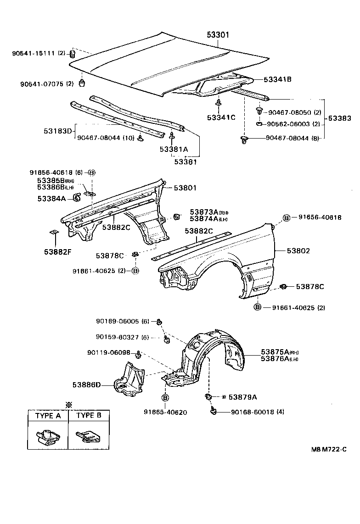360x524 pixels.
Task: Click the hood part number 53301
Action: [x=218, y=35]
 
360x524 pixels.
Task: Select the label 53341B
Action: [x=277, y=79]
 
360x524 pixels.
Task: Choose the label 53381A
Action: [x=174, y=149]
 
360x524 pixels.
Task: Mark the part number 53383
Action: [x=340, y=118]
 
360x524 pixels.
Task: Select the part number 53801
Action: [x=185, y=188]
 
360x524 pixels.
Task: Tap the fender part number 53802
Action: [x=298, y=251]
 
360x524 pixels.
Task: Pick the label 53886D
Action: [x=86, y=385]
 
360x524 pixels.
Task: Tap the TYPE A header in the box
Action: [x=45, y=416]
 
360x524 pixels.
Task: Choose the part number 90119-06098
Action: [x=108, y=353]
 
